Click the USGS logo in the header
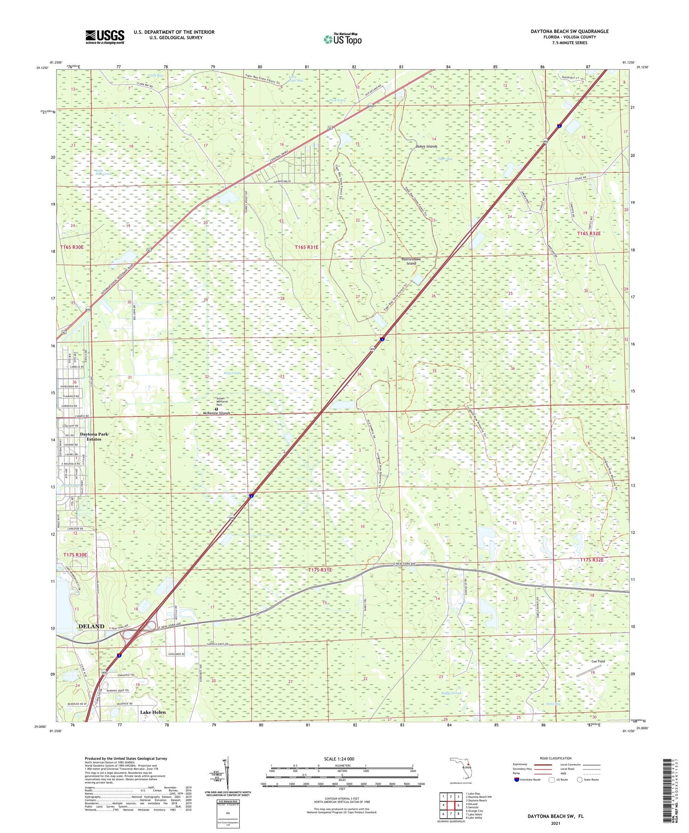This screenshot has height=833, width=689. [x=105, y=37]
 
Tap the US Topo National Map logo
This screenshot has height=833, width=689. [x=343, y=39]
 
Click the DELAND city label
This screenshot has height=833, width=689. [x=91, y=626]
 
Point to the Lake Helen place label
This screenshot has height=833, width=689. [x=152, y=712]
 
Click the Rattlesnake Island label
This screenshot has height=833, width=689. [x=411, y=261]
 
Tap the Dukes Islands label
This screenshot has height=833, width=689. [x=426, y=146]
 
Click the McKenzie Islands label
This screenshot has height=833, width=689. [x=216, y=413]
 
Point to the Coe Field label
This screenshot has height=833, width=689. [x=598, y=661]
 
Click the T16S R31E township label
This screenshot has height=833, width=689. [x=306, y=247]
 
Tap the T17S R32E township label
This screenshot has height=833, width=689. [x=591, y=560]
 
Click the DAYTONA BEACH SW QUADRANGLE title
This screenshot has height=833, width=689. [x=570, y=31]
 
